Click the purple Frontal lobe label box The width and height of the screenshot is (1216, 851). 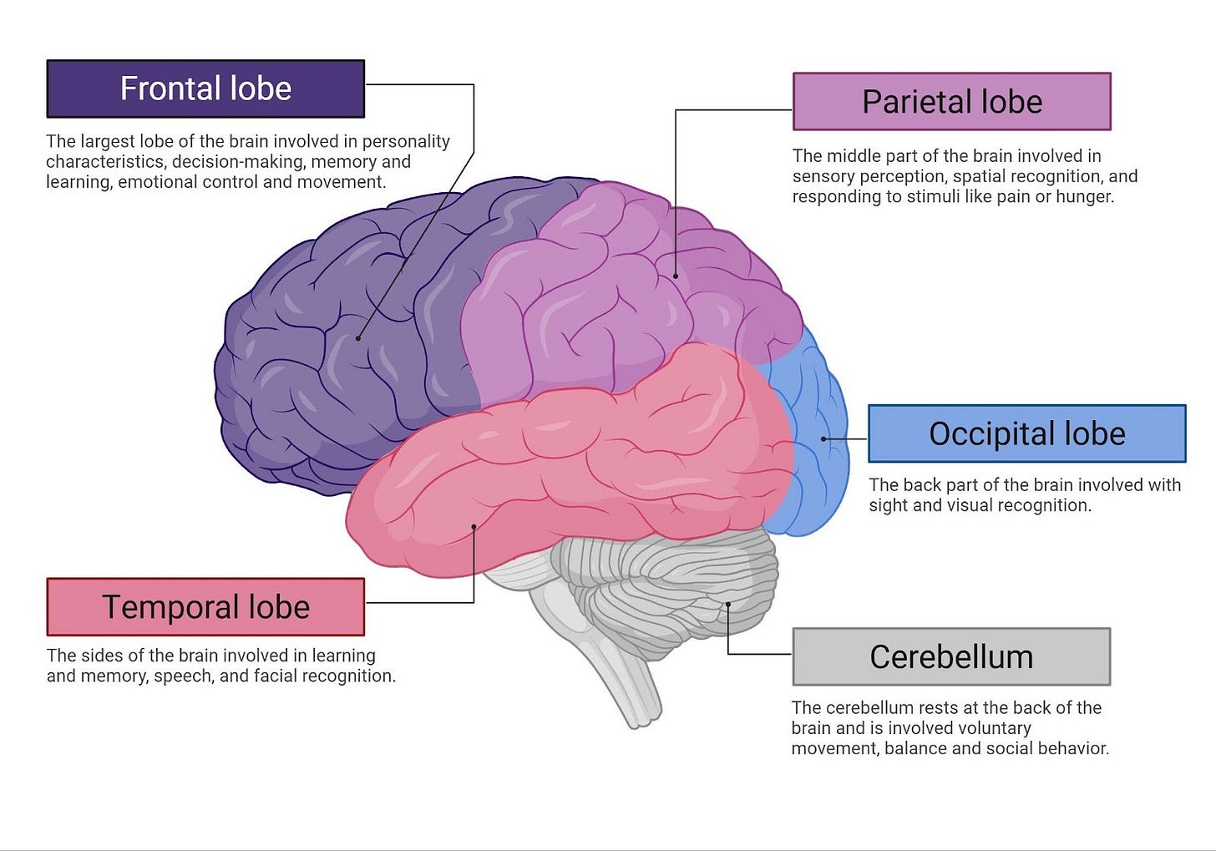tap(205, 89)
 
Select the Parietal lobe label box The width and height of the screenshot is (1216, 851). tap(951, 102)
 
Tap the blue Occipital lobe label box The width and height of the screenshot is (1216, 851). tap(1026, 433)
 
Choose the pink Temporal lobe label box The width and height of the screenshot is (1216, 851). tap(205, 607)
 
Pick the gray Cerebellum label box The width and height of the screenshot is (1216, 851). tap(951, 656)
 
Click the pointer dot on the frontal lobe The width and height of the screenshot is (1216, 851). tap(358, 338)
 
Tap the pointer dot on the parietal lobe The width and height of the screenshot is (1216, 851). tap(676, 276)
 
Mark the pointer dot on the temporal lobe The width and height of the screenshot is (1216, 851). tap(474, 527)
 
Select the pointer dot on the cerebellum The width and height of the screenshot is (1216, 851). tap(727, 605)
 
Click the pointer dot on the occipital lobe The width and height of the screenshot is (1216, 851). tap(823, 438)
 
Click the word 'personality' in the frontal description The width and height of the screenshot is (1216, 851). tap(406, 141)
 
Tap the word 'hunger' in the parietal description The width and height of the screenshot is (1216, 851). tap(1086, 197)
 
